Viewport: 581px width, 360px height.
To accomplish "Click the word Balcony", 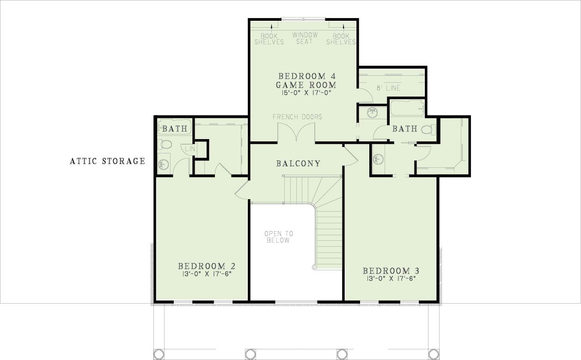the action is (x=298, y=164).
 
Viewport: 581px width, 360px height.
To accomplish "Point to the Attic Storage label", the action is (x=107, y=161).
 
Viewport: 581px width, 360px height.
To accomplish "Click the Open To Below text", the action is (x=279, y=237).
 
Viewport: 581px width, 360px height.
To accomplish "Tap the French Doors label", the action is (x=298, y=117).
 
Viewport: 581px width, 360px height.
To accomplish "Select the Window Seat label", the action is (x=305, y=38).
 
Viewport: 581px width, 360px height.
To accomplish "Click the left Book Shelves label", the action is (x=269, y=39).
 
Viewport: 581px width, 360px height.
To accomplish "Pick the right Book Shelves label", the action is (x=341, y=39).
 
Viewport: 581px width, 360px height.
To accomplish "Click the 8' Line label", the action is (x=388, y=88).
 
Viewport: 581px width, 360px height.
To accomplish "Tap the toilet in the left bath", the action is (x=165, y=144).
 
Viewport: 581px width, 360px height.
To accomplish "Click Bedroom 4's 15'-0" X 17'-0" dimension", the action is (x=306, y=92).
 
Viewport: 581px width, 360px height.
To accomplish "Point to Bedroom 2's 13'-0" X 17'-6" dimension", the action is (x=207, y=274).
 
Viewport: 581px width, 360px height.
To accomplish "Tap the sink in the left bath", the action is (x=164, y=164).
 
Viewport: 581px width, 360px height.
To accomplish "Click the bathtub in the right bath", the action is (x=407, y=108).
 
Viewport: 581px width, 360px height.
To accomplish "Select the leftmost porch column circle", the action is (x=159, y=354).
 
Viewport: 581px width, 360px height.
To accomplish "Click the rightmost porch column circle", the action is (x=434, y=354).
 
